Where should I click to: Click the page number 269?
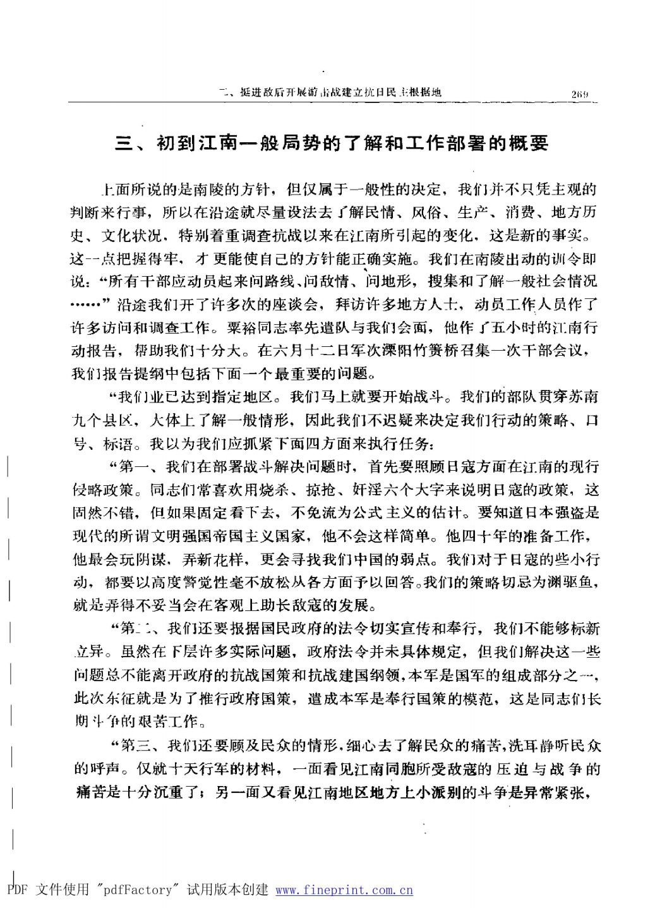point(580,94)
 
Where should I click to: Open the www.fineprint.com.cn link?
point(344,890)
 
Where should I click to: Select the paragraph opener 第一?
point(133,467)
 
